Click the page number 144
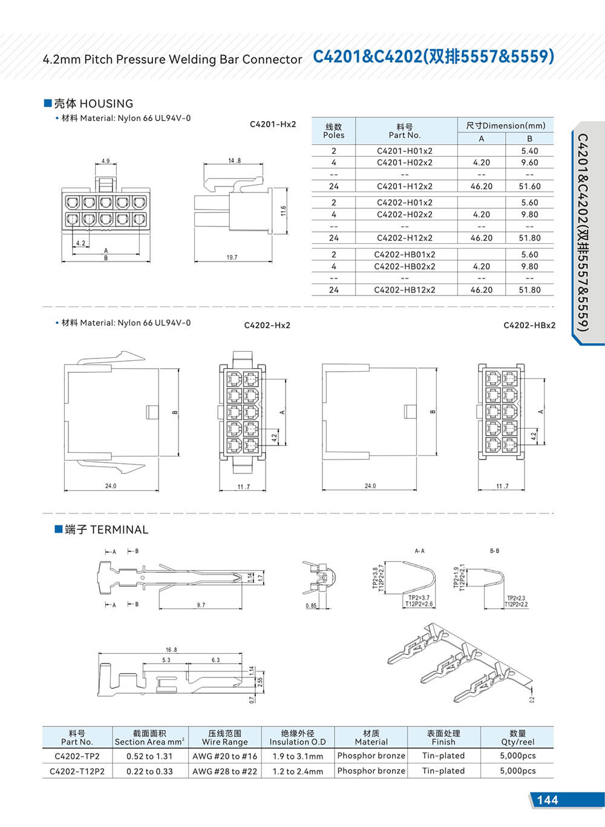click(x=547, y=800)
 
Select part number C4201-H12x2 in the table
click(x=404, y=186)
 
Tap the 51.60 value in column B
click(x=529, y=186)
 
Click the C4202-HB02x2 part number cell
click(x=404, y=266)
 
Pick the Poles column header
click(x=333, y=131)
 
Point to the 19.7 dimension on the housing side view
click(x=232, y=257)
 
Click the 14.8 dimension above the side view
click(x=234, y=161)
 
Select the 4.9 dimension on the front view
click(x=105, y=162)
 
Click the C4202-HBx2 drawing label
click(x=529, y=325)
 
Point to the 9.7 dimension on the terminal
click(x=201, y=605)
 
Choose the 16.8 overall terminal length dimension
click(x=171, y=650)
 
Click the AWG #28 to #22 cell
click(x=224, y=771)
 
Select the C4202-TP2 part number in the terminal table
click(x=77, y=756)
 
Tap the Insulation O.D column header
click(x=298, y=737)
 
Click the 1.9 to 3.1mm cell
click(x=298, y=756)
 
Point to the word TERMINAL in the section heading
click(x=119, y=530)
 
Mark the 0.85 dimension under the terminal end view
click(x=311, y=606)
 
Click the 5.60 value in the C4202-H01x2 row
click(x=529, y=203)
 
